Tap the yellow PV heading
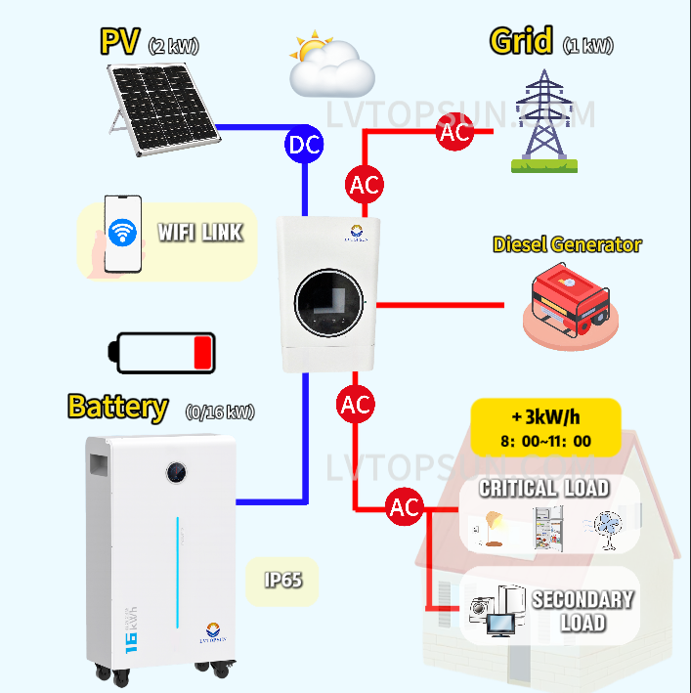coord(120,42)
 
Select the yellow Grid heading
coord(522,42)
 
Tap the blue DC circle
coord(303,145)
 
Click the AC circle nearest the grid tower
coord(455,133)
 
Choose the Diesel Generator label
coord(567,243)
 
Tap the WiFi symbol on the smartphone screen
coord(122,233)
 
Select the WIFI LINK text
coord(200,233)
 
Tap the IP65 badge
coord(282,580)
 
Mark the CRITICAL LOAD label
coord(543,488)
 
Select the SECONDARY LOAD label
coord(583,611)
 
